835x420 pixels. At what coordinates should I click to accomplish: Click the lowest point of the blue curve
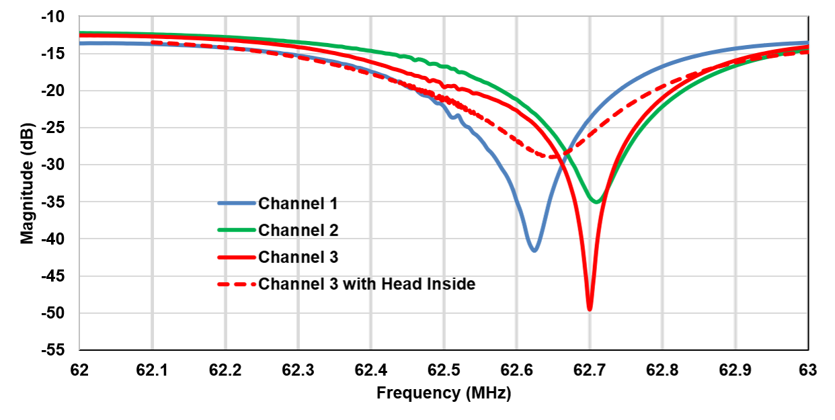[534, 250]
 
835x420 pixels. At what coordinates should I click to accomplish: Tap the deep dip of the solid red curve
[590, 308]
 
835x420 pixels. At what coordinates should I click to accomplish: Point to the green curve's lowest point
[596, 201]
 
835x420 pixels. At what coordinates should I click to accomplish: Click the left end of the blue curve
[80, 43]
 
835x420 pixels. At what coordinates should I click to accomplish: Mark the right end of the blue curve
[807, 43]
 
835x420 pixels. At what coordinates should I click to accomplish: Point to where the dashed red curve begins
[152, 42]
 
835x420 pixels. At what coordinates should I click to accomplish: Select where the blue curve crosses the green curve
[564, 150]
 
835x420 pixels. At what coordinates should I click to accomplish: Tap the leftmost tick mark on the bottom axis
[79, 349]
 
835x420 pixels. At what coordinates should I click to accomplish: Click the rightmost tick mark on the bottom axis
[808, 349]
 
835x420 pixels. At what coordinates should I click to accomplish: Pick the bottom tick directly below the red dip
[590, 349]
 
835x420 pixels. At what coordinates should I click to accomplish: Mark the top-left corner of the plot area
[79, 16]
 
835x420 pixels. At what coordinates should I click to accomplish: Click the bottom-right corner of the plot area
[808, 349]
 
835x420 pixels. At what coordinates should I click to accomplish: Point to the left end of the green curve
[80, 32]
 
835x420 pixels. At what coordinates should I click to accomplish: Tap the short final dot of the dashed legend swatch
[253, 284]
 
